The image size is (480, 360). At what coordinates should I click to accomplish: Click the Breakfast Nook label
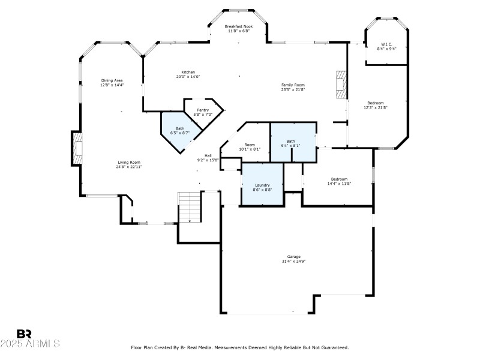coord(239,29)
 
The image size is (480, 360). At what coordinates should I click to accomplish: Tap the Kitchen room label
coord(187,74)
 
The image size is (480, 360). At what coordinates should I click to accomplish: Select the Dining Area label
coord(112,83)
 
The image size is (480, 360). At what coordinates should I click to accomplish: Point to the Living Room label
coord(128,164)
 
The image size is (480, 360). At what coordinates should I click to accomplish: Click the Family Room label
coord(293,87)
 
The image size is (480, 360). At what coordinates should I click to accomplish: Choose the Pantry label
coord(203,112)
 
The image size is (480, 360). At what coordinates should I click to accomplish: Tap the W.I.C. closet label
coord(386,46)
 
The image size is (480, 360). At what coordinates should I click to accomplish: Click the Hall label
coord(208,158)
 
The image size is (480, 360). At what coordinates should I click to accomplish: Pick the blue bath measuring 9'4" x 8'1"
coord(292,143)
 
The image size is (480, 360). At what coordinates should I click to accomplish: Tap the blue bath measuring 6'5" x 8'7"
coord(178,130)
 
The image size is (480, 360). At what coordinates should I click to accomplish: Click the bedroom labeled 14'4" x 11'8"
coord(339,181)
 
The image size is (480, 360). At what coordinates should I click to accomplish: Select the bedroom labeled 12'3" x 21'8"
coord(375,105)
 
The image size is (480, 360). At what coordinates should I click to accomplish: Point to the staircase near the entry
coord(190,207)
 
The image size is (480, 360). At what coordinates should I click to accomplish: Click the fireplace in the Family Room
coord(341,85)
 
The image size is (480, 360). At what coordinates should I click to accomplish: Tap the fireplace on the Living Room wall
coord(77,148)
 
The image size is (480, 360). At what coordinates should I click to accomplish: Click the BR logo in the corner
coord(24,333)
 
